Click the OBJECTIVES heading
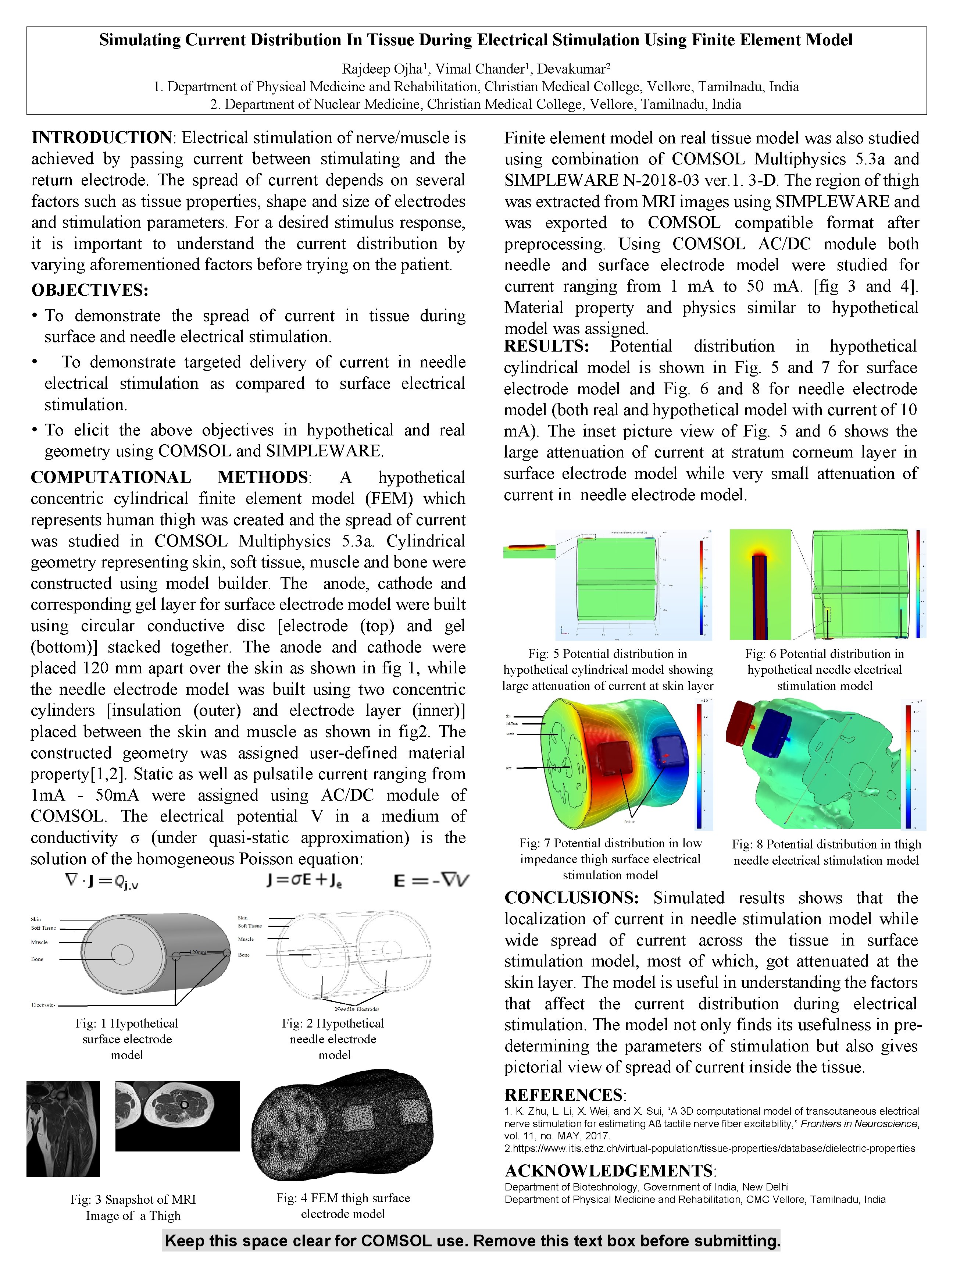coord(90,290)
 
